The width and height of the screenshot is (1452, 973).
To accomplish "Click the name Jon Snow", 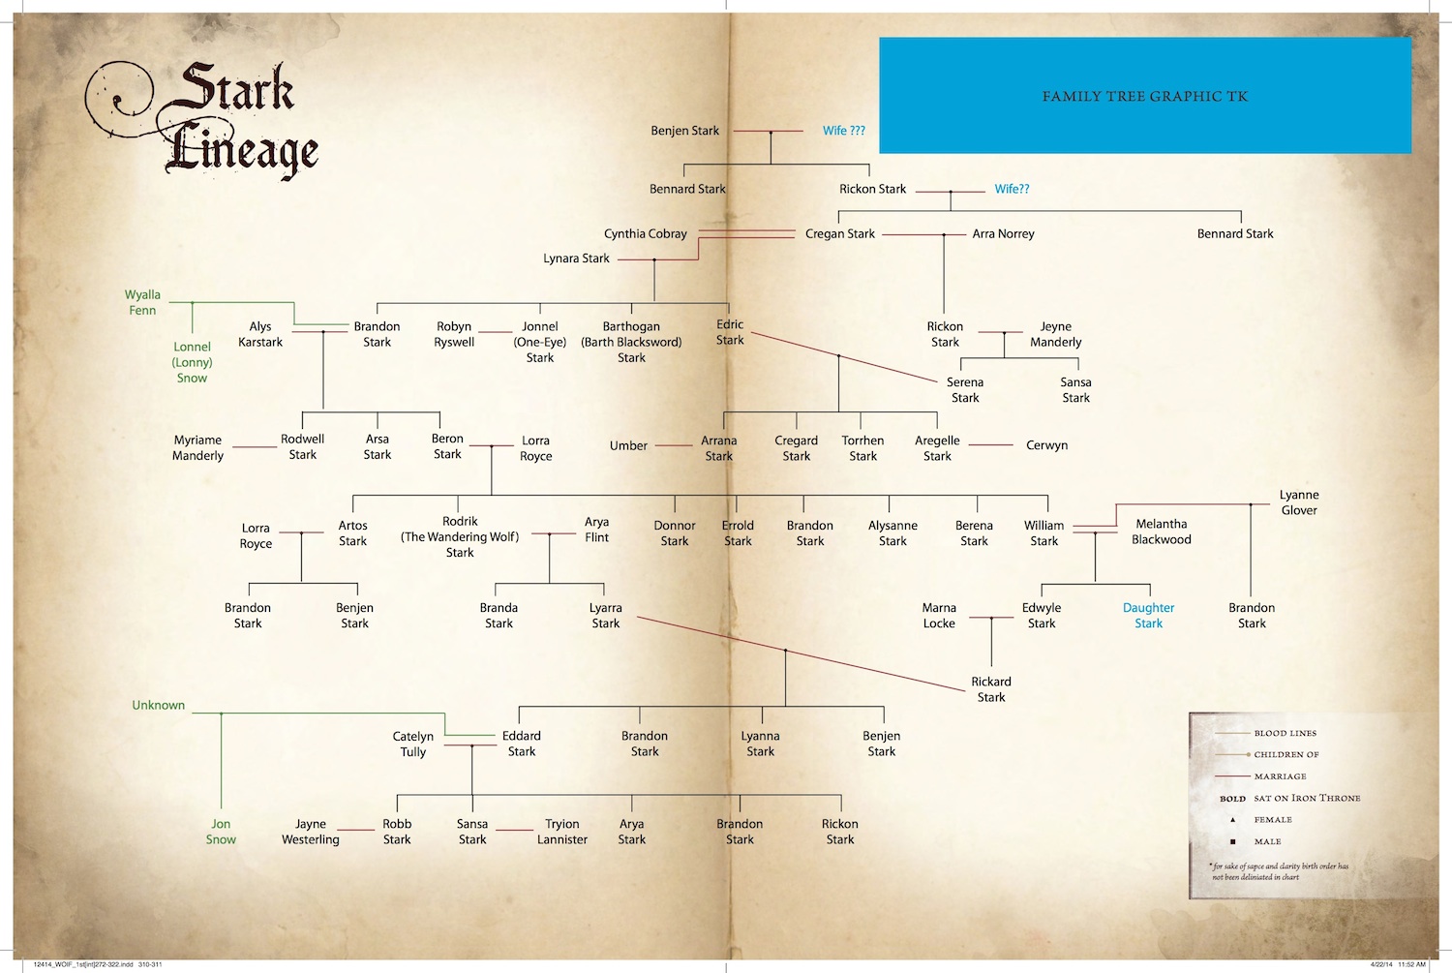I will [221, 832].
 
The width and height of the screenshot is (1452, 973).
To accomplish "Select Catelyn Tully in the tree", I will [413, 744].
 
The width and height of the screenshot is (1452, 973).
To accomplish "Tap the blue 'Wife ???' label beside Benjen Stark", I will [844, 131].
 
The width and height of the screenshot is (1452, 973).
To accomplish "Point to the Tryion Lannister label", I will [562, 832].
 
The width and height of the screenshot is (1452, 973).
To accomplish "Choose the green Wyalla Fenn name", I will [142, 302].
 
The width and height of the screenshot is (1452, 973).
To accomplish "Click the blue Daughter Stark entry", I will [1148, 616].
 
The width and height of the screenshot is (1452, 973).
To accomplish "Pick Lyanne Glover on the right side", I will [1299, 502].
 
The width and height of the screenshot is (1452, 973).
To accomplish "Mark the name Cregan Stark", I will [840, 233].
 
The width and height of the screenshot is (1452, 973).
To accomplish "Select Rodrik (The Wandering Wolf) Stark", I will [460, 536].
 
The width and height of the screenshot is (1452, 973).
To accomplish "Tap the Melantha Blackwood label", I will [1162, 532].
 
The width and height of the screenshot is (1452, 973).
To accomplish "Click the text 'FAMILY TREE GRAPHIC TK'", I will [1145, 96].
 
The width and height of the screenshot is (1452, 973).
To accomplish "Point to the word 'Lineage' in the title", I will [242, 151].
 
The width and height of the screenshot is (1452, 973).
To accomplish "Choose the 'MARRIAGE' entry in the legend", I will [1280, 776].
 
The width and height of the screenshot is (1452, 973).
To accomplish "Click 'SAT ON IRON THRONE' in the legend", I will [1307, 798].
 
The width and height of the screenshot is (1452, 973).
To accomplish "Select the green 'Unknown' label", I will [159, 705].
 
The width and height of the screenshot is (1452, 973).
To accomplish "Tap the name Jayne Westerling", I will [311, 832].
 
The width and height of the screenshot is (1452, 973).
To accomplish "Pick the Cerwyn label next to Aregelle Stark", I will [1046, 445].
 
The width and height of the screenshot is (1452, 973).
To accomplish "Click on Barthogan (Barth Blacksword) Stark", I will [631, 342].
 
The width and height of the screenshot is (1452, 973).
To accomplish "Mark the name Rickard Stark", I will [991, 689].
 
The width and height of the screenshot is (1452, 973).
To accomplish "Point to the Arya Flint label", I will [596, 530].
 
